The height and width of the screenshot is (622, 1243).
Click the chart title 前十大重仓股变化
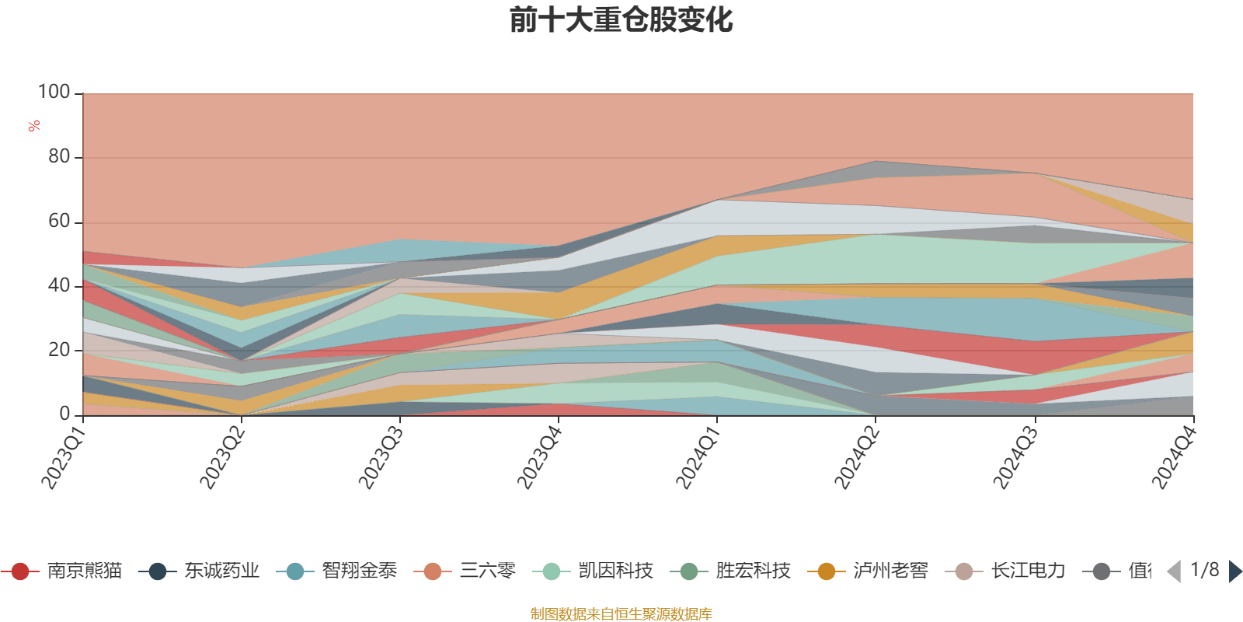pyautogui.click(x=621, y=20)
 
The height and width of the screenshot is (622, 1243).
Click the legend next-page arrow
pyautogui.click(x=1234, y=571)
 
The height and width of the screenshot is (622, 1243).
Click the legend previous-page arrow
pyautogui.click(x=1174, y=571)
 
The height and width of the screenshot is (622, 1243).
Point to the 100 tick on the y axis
pyautogui.click(x=54, y=93)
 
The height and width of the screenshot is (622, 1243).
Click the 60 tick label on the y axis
pyautogui.click(x=59, y=222)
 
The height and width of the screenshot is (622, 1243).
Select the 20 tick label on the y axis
pyautogui.click(x=59, y=350)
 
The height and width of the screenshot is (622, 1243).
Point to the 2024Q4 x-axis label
pyautogui.click(x=1172, y=459)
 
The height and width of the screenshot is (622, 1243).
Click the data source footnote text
pyautogui.click(x=621, y=614)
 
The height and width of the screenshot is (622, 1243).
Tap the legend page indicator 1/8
pyautogui.click(x=1205, y=570)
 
